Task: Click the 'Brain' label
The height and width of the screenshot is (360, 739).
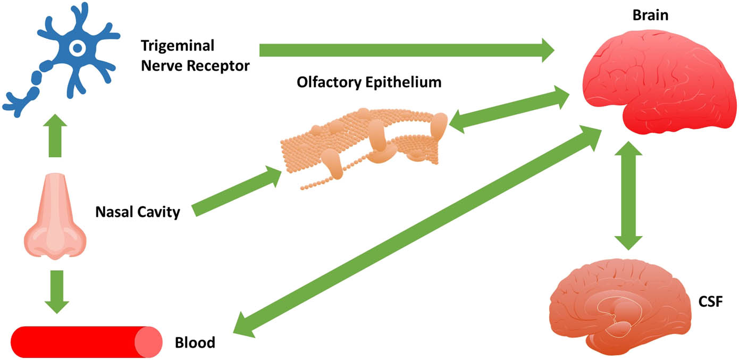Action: (x=650, y=15)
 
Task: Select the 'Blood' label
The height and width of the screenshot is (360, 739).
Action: (x=195, y=342)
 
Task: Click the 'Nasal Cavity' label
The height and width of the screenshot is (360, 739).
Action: (x=138, y=213)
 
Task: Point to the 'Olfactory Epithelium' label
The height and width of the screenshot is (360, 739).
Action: (x=369, y=82)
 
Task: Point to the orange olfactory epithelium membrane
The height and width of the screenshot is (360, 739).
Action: (x=367, y=141)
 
